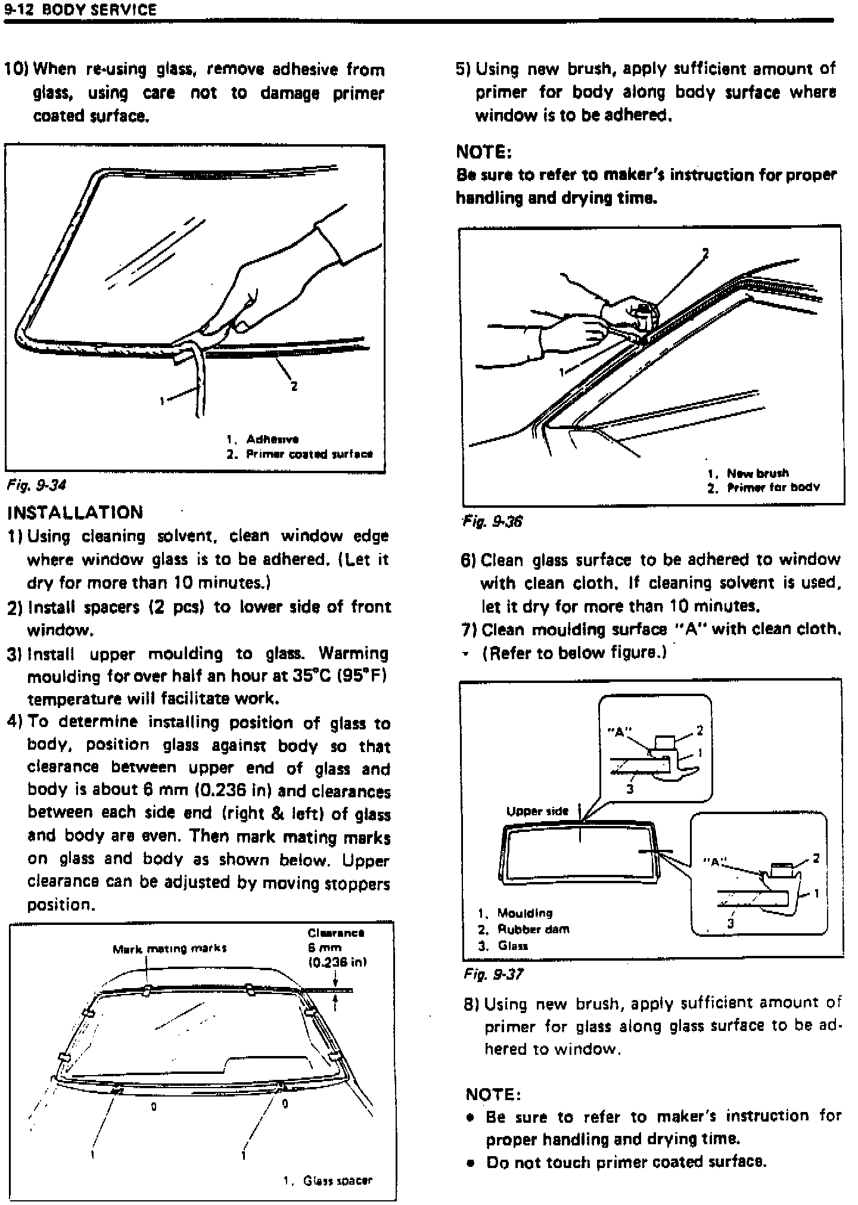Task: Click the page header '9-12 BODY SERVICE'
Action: (80, 10)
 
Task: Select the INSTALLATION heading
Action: (75, 513)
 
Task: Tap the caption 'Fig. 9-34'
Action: (36, 485)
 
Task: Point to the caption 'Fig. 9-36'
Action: (492, 521)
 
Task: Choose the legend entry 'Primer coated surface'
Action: (307, 454)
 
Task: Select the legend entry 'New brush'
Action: (757, 473)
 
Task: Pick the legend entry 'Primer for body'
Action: (773, 487)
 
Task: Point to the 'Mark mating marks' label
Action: (169, 949)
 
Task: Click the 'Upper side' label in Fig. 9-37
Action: (537, 811)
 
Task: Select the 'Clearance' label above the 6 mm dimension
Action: (336, 933)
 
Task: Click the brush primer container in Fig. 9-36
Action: (645, 314)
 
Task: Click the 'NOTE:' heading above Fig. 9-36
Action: (483, 152)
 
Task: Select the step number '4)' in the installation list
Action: (15, 722)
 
